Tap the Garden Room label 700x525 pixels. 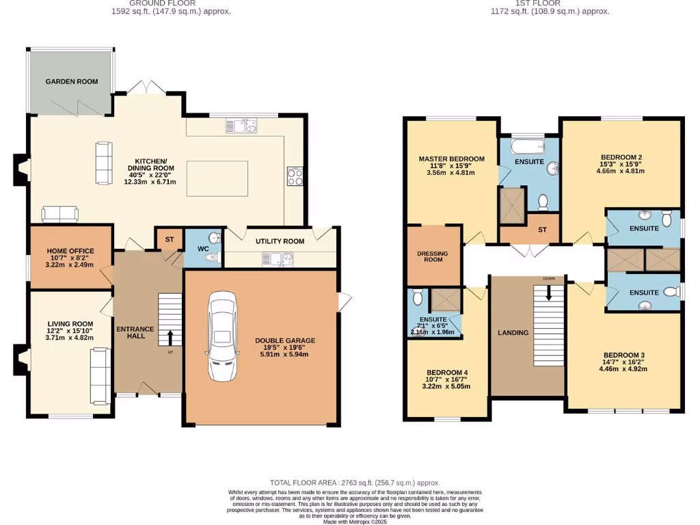point(71,81)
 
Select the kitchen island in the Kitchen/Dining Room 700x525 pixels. point(217,178)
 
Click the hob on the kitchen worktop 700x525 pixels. point(295,176)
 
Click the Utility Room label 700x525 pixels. point(280,241)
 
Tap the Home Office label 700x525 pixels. point(70,251)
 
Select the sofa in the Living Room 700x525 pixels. point(100,375)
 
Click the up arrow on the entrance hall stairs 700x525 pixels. point(170,337)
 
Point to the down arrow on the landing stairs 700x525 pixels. point(549,293)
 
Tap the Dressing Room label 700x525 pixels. point(432,256)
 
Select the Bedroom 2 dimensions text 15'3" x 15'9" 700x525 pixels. point(620,164)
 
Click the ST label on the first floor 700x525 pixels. point(542,230)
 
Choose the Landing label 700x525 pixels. point(513,333)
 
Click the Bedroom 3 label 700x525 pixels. point(623,354)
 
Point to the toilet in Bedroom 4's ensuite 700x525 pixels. point(418,297)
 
